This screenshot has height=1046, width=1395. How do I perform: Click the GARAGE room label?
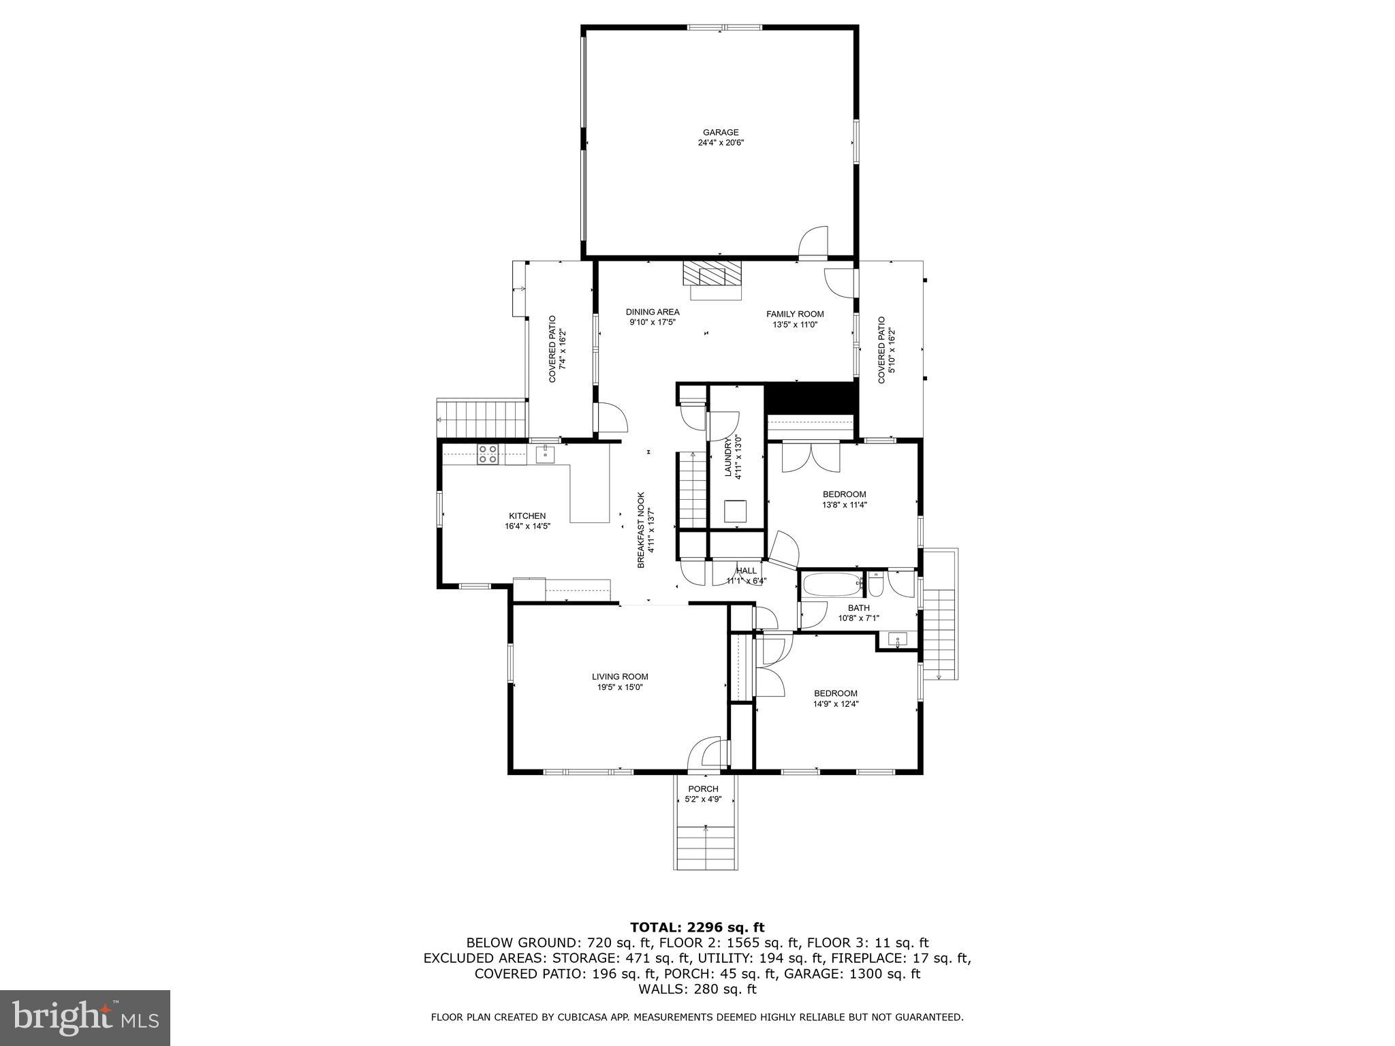pos(721,133)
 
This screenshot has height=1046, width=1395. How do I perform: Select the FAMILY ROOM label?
pos(795,314)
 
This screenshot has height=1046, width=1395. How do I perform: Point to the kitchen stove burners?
pos(487,454)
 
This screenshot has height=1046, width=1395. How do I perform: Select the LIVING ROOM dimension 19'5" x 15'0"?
pos(620,687)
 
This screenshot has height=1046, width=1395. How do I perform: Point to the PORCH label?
pos(703,789)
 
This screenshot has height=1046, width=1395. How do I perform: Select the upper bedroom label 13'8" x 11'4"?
pos(844,505)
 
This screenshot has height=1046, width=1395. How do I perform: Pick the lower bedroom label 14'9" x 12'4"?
pos(835,704)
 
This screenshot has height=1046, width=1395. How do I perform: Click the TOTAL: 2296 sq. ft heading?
pos(697,927)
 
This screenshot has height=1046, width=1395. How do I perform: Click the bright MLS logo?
pos(85,1017)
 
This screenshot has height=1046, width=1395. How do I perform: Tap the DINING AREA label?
pos(653,312)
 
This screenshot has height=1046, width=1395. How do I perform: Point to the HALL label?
pos(746,571)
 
